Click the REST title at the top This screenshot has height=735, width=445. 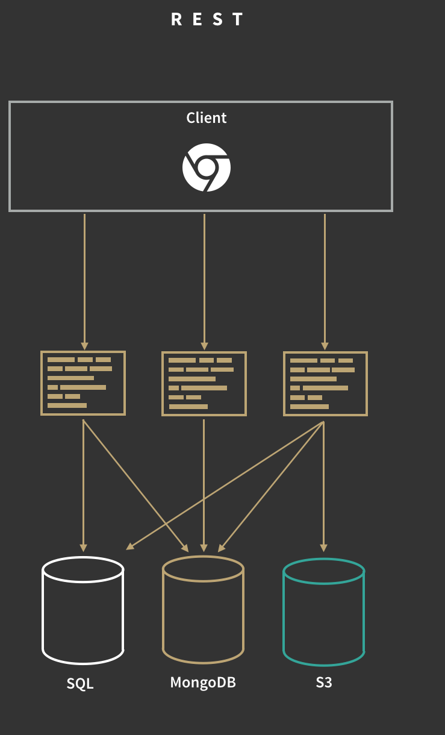(x=207, y=19)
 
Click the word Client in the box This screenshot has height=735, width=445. (x=207, y=117)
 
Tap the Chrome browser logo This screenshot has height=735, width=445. (x=207, y=167)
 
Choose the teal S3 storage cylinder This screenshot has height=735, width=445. (x=324, y=612)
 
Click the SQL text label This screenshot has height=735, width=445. (x=80, y=684)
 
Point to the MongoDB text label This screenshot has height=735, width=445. (x=203, y=683)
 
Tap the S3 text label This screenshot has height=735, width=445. (x=324, y=683)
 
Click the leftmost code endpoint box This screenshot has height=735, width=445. (x=83, y=383)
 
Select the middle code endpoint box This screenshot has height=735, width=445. (x=204, y=384)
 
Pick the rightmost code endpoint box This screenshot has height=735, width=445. (x=325, y=384)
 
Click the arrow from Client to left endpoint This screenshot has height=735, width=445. (x=84, y=277)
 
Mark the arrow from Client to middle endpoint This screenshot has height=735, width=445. (x=204, y=277)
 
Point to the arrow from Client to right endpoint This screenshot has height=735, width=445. (x=325, y=277)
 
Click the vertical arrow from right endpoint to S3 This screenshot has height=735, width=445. (x=324, y=482)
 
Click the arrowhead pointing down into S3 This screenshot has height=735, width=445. (x=324, y=547)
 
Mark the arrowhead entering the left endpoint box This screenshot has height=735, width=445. (x=84, y=346)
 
